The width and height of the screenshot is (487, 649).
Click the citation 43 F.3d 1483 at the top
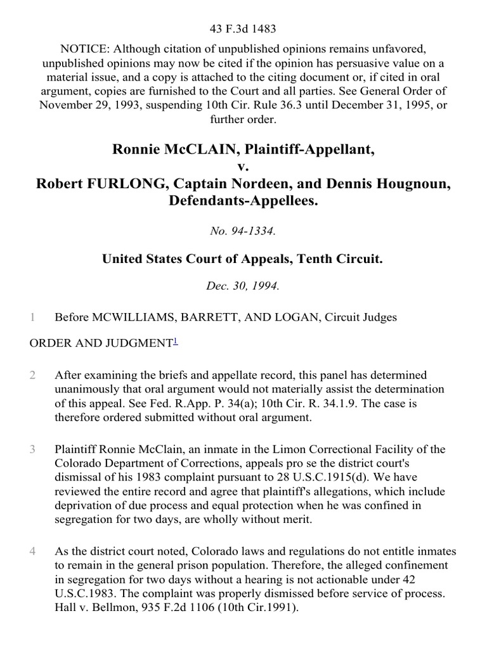pos(243,29)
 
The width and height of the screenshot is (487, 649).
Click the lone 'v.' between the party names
pos(243,167)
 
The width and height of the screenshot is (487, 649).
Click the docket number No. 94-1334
pos(243,231)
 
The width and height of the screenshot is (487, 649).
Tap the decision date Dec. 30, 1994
pos(243,286)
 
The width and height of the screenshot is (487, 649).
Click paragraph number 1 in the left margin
pos(32,317)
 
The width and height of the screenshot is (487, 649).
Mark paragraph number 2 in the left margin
pos(32,375)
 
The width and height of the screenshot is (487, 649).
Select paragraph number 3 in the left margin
pos(32,449)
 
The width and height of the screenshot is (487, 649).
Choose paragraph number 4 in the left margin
pos(32,551)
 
